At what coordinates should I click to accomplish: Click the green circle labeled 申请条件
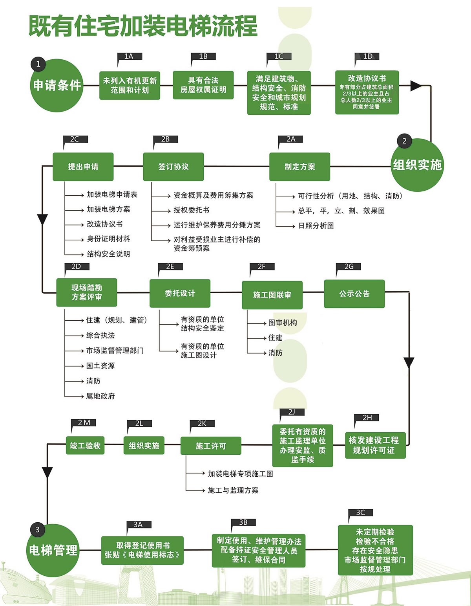57,85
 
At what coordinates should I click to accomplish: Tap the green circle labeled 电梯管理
53,550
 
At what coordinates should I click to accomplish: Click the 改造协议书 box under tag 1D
367,92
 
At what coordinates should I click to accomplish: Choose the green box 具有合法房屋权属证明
203,85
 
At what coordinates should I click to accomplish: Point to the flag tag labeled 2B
165,139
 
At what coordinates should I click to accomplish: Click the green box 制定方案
299,167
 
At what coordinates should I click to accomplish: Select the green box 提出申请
83,167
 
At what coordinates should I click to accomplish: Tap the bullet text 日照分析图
316,226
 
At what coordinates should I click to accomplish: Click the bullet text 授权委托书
192,210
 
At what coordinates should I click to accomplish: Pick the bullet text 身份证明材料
108,239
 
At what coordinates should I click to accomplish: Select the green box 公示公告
354,294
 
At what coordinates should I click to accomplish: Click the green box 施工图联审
272,295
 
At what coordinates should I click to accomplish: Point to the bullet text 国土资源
100,365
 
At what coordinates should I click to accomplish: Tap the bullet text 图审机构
283,323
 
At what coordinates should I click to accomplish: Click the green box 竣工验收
85,446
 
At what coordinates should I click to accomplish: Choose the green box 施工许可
211,446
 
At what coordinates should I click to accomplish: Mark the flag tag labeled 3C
360,512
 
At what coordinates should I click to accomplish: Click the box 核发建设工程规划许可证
375,445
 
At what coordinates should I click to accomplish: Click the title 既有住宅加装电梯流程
143,26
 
